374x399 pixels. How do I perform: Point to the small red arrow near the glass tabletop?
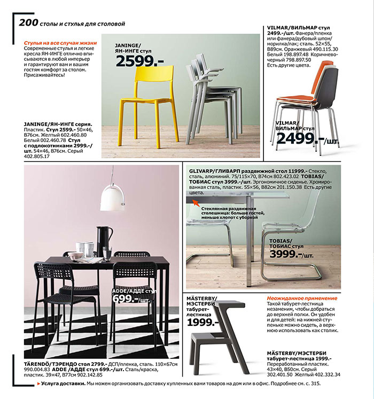(196, 203)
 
